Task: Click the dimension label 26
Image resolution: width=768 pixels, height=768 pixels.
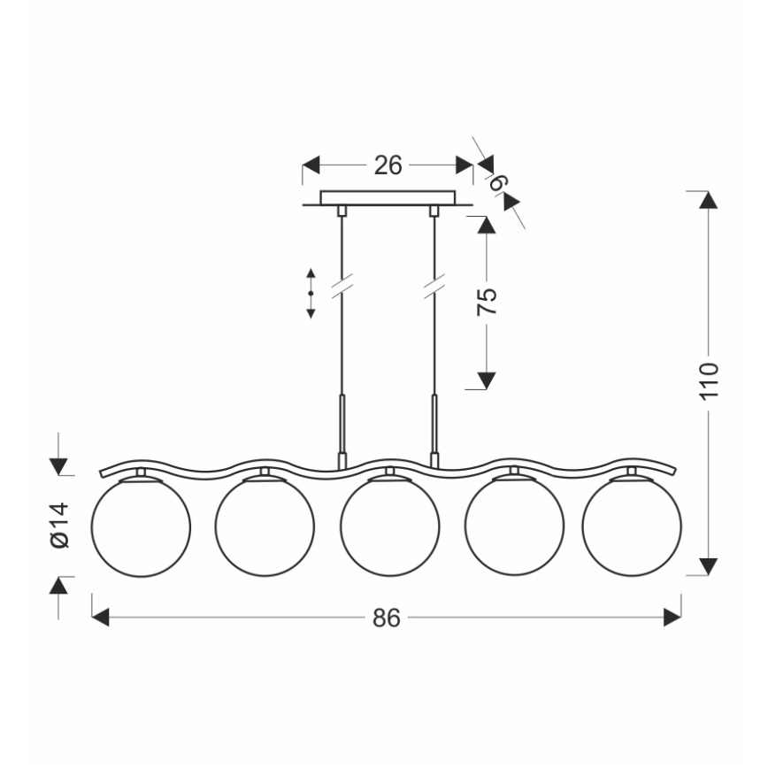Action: (388, 165)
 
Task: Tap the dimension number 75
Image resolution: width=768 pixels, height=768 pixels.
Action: (488, 302)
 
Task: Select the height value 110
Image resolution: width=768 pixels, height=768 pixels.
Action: (709, 381)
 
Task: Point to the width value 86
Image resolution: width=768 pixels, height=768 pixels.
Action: (387, 618)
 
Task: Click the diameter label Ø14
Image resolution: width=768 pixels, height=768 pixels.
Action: (60, 526)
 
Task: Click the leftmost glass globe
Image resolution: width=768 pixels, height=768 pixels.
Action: (141, 527)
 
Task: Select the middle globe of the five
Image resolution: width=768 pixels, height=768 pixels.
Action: (390, 526)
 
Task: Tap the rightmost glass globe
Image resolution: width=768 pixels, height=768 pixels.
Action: (632, 526)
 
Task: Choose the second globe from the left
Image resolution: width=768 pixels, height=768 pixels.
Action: (265, 526)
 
